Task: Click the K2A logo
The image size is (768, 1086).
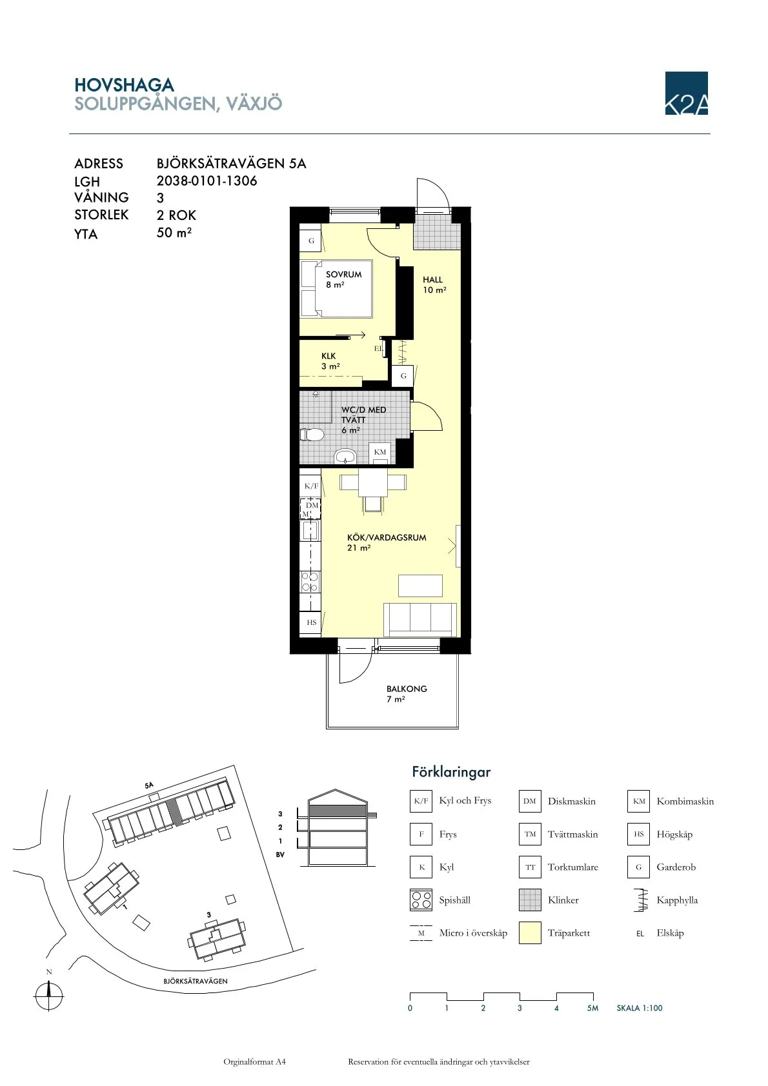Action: (686, 94)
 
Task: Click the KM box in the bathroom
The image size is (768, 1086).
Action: (379, 452)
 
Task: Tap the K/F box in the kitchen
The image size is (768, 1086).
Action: (310, 486)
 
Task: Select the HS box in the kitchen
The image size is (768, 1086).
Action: (311, 622)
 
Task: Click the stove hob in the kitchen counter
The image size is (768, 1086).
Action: (310, 582)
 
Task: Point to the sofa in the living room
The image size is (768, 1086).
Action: (420, 619)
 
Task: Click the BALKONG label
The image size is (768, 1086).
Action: (407, 689)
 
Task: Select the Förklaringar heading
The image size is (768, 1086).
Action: (451, 772)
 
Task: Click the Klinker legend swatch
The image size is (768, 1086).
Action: (530, 900)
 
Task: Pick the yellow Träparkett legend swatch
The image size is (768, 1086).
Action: (530, 933)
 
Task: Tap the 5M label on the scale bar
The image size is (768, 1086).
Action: (592, 1008)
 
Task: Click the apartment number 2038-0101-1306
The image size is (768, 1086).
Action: (207, 181)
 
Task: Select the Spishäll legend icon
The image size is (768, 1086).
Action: (421, 900)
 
